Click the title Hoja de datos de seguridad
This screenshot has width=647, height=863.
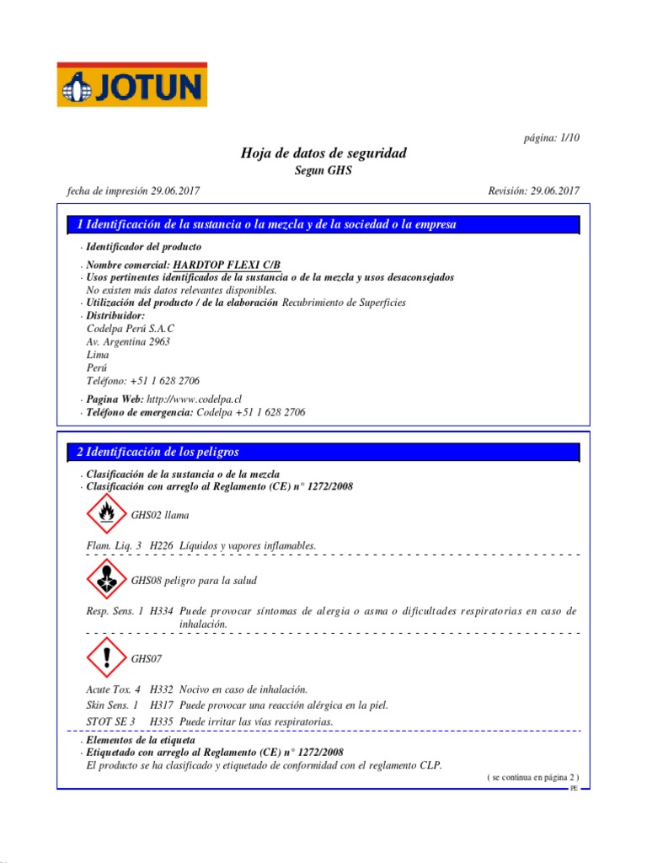click(323, 153)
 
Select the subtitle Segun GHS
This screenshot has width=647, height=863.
click(323, 170)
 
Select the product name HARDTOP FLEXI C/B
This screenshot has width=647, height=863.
click(222, 265)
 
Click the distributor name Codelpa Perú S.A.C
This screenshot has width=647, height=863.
click(131, 328)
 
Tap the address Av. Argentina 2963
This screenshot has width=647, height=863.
click(128, 341)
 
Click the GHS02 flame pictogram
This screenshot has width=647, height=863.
click(105, 514)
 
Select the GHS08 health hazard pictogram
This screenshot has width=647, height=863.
click(105, 581)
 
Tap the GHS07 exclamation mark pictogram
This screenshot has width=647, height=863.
click(105, 657)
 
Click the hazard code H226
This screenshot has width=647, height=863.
click(162, 546)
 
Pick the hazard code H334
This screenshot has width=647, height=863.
click(162, 611)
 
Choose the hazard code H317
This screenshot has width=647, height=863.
click(162, 705)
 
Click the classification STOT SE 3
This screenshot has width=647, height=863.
click(110, 721)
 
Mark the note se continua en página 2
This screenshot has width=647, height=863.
click(532, 777)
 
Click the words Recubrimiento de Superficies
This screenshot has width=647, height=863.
click(343, 303)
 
